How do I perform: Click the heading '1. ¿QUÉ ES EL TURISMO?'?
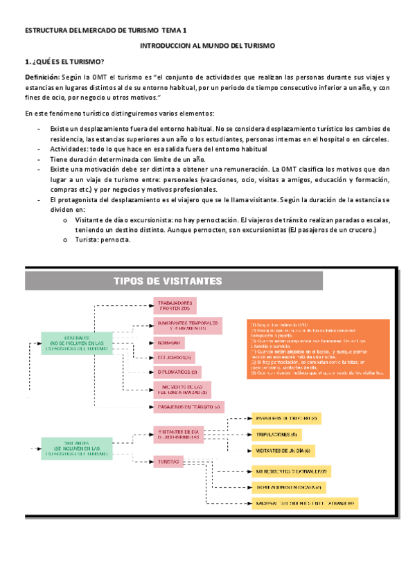click(64, 62)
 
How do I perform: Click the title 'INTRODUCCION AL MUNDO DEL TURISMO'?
click(207, 46)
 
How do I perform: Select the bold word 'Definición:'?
click(42, 78)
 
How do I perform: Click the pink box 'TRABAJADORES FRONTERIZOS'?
click(175, 305)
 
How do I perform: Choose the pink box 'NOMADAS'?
click(166, 343)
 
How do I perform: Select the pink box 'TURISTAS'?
click(169, 460)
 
